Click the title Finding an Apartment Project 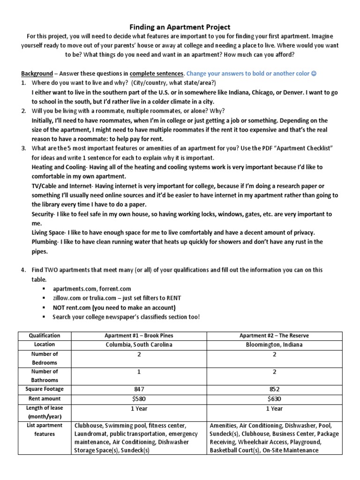click(x=180, y=28)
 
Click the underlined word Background click(x=37, y=74)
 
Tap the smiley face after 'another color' click(x=313, y=74)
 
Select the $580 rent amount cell click(x=138, y=399)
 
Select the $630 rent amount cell click(x=274, y=399)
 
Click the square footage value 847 click(x=138, y=389)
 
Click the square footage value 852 click(x=274, y=389)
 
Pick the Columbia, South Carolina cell click(x=138, y=345)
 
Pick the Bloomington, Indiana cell click(x=274, y=345)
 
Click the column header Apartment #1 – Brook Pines click(x=138, y=336)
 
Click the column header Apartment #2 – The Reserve click(x=274, y=336)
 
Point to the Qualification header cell click(x=45, y=336)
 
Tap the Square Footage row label click(x=45, y=389)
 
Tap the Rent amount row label click(x=45, y=399)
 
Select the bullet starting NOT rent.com click(x=114, y=307)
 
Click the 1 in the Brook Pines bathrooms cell click(x=138, y=372)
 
